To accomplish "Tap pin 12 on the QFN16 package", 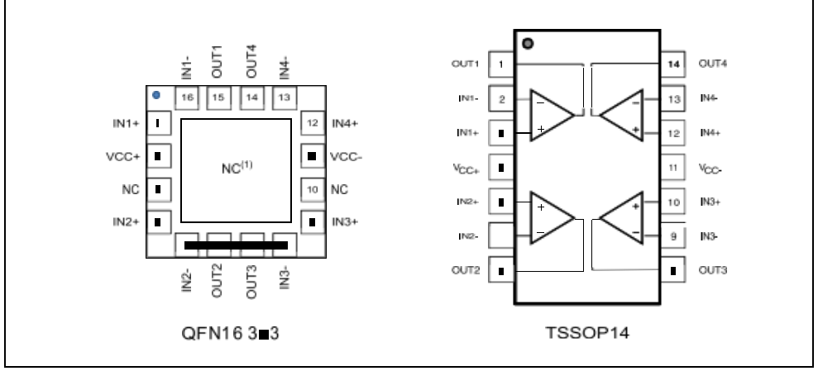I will (x=312, y=123).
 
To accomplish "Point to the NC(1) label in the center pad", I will (x=242, y=168).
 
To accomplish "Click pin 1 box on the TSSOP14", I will (x=501, y=63).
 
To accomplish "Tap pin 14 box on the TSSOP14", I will (x=673, y=63).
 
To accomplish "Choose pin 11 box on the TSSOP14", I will (x=673, y=167).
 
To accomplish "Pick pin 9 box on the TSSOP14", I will (x=673, y=236).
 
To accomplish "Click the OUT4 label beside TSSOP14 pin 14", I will (x=713, y=63).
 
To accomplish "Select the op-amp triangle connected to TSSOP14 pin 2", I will (x=549, y=115).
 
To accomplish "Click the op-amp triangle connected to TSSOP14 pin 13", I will (x=622, y=115).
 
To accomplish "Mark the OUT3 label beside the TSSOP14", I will (x=713, y=270).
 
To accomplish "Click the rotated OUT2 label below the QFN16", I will (x=219, y=282).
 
